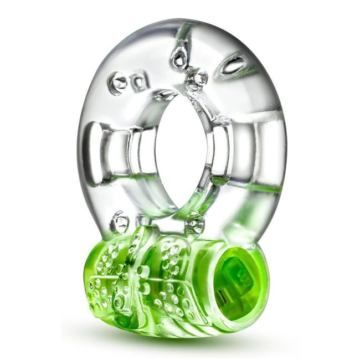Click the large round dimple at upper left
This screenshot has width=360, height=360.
pyautogui.click(x=118, y=83)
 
